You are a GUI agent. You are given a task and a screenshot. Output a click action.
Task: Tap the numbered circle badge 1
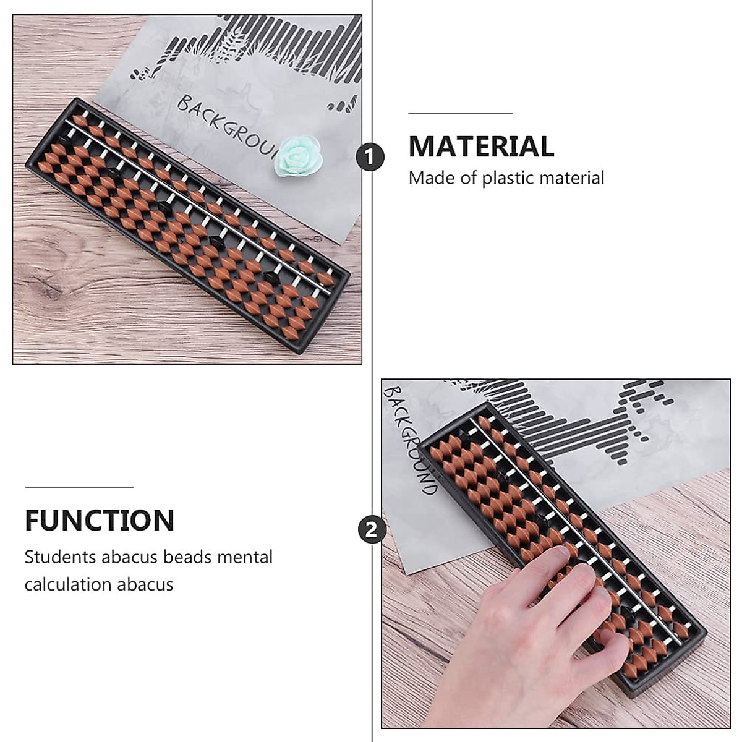tap(370, 158)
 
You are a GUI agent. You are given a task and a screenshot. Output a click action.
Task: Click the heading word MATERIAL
tap(481, 147)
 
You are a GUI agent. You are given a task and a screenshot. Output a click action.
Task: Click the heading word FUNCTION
tap(100, 521)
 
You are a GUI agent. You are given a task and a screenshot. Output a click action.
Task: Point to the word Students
tap(60, 556)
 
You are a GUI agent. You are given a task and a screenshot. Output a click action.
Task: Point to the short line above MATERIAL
tap(460, 114)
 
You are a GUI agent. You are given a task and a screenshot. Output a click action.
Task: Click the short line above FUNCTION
tap(79, 487)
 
